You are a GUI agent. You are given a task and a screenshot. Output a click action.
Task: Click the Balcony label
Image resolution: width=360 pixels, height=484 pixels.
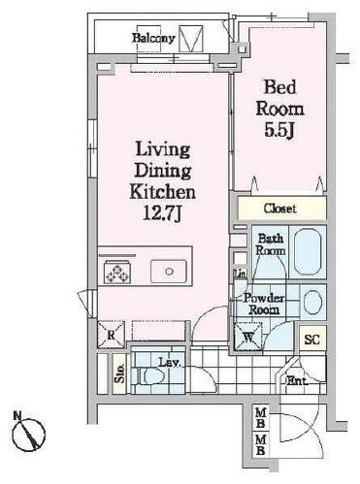pos(154,39)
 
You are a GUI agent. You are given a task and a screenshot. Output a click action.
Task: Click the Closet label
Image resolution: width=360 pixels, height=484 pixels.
pos(279,209)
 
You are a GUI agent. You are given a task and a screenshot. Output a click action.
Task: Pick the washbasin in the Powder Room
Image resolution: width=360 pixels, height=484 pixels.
pos(312,302)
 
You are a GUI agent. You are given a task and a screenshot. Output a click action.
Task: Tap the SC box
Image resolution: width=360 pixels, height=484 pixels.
pos(311,339)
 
